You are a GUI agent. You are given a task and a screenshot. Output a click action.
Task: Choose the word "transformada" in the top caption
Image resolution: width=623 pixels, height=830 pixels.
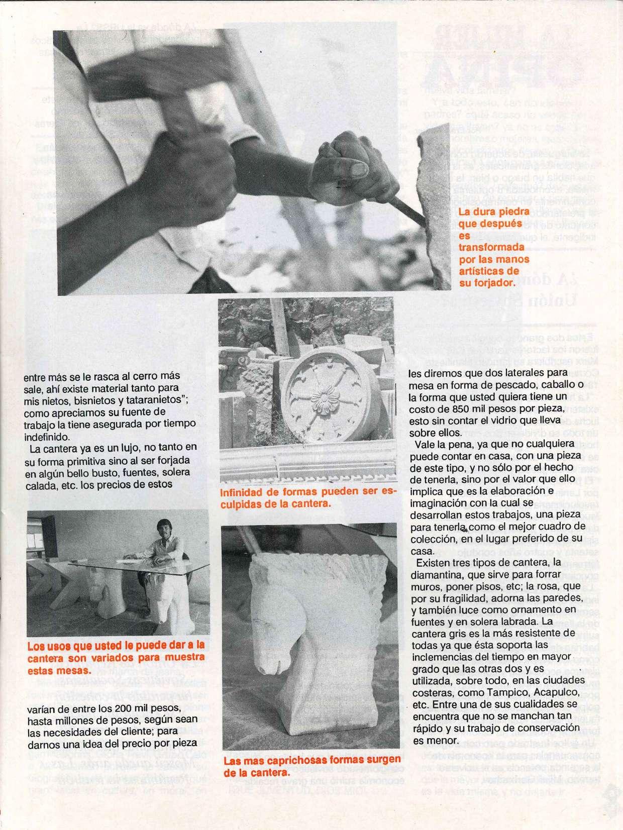point(485,247)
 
